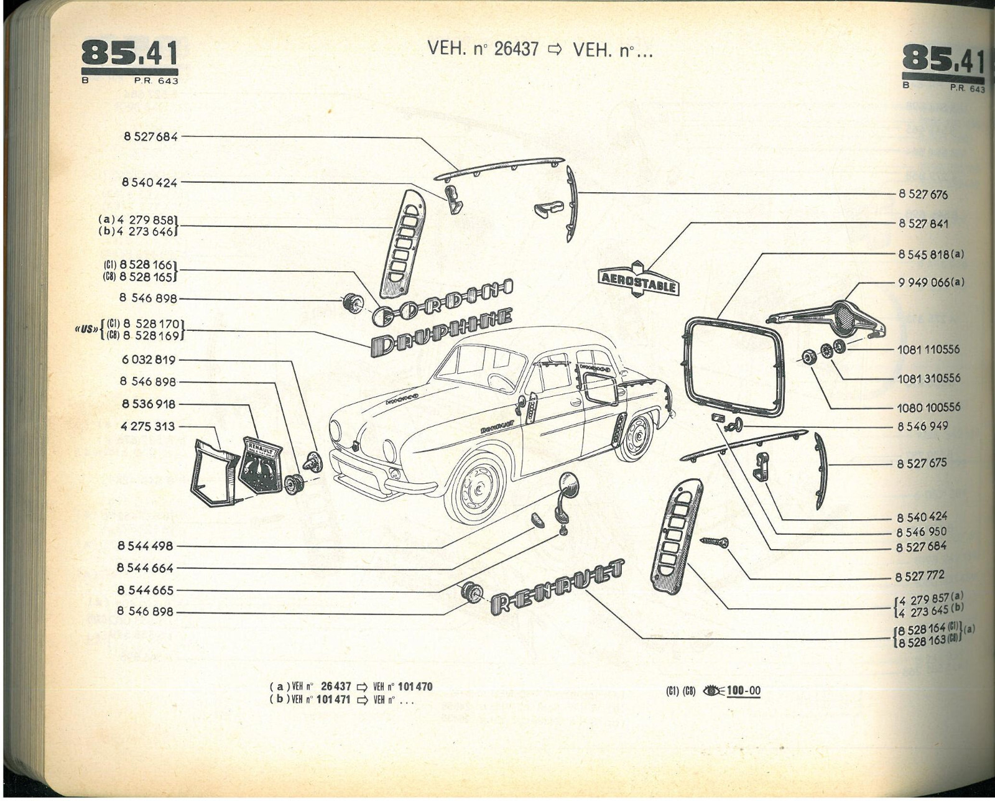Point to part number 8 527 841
click(923, 223)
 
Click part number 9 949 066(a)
click(930, 282)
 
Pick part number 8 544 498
click(145, 546)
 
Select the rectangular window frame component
click(734, 366)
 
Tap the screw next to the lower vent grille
click(715, 542)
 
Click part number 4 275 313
click(148, 427)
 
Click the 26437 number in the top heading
click(516, 49)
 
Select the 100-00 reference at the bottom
click(743, 690)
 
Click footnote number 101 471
click(333, 700)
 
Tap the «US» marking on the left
click(85, 329)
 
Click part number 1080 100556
click(928, 407)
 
